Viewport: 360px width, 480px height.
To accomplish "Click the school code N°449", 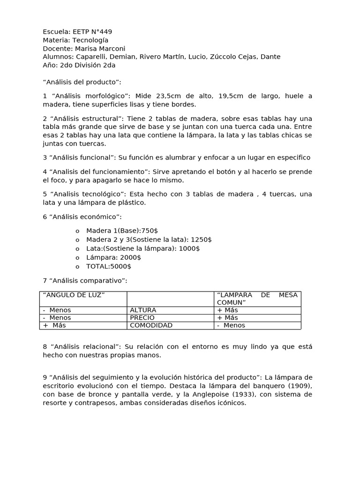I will [100, 32].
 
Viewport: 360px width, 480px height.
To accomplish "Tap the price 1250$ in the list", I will [202, 240].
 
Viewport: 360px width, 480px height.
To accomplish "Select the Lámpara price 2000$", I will [131, 257].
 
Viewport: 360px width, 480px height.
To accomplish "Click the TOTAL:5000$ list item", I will [109, 266].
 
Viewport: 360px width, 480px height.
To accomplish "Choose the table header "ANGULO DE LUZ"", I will [74, 295].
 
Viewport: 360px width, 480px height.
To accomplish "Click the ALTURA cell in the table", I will [143, 310].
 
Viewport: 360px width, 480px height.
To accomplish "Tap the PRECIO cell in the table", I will [142, 318].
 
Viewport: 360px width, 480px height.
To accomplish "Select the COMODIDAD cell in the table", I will [151, 325].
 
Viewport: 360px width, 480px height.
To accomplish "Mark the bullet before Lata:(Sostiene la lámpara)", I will [77, 249].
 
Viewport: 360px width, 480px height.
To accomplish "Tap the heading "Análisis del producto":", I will [82, 82].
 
